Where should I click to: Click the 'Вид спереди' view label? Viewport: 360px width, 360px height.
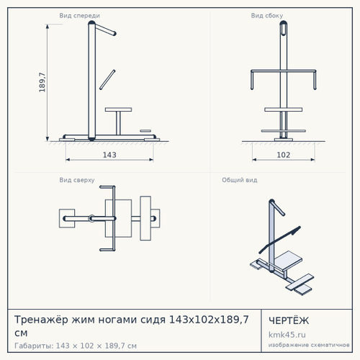[79, 16]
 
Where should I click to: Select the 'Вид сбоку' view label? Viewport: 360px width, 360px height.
[267, 16]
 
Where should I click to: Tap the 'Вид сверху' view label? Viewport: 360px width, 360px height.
[77, 180]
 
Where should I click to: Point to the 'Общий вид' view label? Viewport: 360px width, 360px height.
[240, 180]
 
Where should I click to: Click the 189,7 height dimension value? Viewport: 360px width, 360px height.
[42, 82]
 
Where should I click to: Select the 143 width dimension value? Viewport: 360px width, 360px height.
[109, 155]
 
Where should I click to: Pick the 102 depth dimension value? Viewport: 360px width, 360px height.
[284, 155]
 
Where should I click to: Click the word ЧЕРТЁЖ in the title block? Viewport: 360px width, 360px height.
[289, 320]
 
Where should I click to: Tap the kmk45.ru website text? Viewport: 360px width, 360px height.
[287, 335]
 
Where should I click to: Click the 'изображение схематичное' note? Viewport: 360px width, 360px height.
[309, 345]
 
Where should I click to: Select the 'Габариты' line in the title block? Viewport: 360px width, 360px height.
[76, 346]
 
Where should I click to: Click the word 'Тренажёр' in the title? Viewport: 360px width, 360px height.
[41, 320]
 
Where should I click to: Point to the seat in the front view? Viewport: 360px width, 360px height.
[118, 109]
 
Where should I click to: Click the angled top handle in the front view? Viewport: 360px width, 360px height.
[105, 30]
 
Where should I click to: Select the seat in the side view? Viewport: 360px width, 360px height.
[284, 109]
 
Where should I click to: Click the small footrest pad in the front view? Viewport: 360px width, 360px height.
[145, 131]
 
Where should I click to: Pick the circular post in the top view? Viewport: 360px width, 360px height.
[91, 218]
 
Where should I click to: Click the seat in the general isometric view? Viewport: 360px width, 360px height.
[288, 261]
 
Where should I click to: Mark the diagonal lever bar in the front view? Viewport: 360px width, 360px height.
[107, 80]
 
